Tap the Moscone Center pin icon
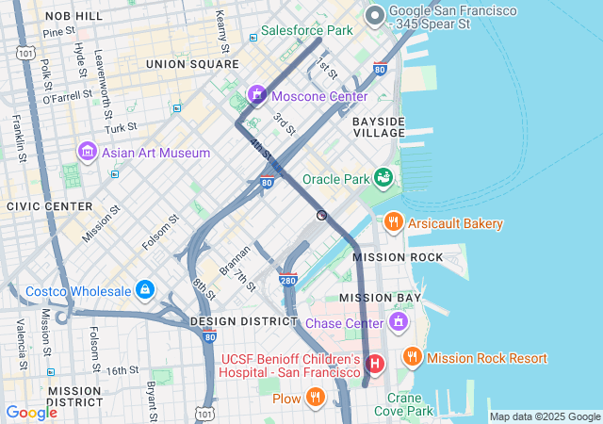(255, 95)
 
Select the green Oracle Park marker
(383, 177)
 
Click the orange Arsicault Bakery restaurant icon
(394, 223)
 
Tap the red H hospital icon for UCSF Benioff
(376, 363)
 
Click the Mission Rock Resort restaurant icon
(412, 357)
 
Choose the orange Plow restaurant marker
(316, 399)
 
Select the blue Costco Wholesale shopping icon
(144, 289)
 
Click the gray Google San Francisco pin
(374, 14)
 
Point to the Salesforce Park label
(306, 31)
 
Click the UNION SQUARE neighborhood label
(192, 64)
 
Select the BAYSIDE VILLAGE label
(379, 127)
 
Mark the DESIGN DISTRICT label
(244, 321)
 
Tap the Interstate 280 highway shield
(289, 280)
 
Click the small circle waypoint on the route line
(322, 216)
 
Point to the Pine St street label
(58, 31)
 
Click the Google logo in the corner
(32, 412)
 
